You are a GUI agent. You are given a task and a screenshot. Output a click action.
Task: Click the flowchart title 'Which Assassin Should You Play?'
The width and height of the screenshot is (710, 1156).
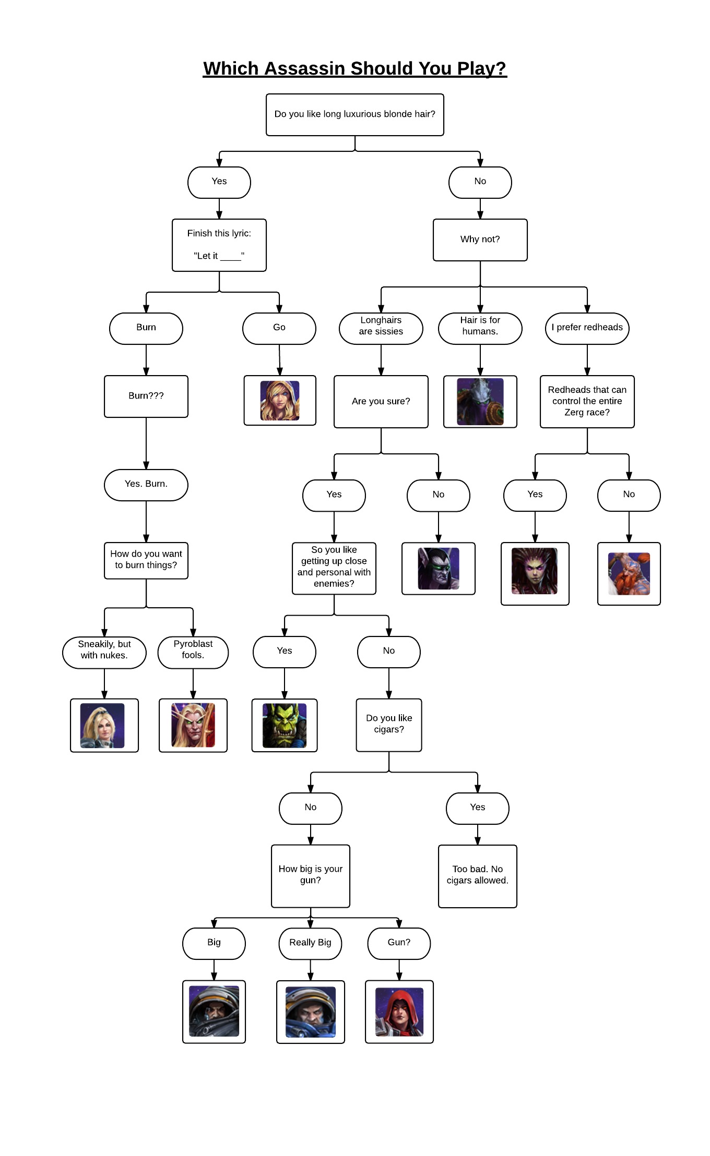354,68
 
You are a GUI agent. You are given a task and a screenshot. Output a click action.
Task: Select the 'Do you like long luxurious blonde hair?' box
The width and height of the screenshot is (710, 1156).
354,114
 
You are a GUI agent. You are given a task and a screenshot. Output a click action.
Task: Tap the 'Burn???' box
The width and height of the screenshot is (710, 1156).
146,396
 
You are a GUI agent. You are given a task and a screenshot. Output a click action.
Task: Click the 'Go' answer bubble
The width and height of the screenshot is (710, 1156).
279,328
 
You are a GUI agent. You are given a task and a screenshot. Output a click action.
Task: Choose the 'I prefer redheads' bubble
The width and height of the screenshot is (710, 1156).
587,328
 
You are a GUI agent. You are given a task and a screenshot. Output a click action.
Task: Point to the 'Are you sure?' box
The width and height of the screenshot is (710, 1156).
381,401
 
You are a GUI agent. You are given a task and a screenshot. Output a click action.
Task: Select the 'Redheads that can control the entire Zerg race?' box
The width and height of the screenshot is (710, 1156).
587,401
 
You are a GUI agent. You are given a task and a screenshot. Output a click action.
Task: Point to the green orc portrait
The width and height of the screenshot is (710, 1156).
285,725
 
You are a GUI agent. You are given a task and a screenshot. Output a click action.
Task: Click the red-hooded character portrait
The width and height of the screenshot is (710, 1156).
399,1011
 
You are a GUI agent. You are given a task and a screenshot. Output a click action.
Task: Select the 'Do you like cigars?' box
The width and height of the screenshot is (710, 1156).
389,725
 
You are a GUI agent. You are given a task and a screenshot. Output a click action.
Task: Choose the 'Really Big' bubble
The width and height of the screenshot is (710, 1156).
310,943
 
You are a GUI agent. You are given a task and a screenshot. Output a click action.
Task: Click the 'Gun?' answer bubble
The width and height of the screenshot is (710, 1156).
399,943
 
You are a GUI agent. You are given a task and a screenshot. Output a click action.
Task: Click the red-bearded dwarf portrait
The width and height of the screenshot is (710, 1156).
629,573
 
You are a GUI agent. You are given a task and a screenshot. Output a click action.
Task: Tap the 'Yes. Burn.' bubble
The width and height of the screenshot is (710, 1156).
146,485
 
